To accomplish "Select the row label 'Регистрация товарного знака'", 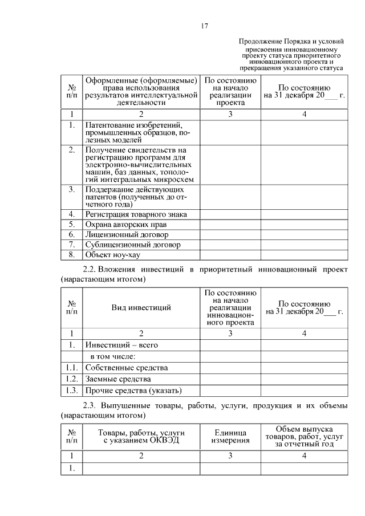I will (136, 214).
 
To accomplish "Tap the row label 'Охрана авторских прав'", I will (126, 225).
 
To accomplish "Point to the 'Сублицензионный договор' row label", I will (133, 245).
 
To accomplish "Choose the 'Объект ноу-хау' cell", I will (113, 254).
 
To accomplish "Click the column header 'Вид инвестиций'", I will (141, 308).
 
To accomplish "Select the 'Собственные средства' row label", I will (127, 368).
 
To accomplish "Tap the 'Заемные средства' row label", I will (118, 379).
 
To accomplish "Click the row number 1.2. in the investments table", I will (71, 379).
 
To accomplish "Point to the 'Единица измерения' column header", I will (230, 436).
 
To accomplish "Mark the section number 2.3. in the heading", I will (91, 406).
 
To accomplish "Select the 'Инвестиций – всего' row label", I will (121, 345).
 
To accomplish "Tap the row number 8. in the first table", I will (71, 254).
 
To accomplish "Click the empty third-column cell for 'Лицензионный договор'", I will (230, 234).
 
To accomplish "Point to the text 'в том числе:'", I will (111, 356).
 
